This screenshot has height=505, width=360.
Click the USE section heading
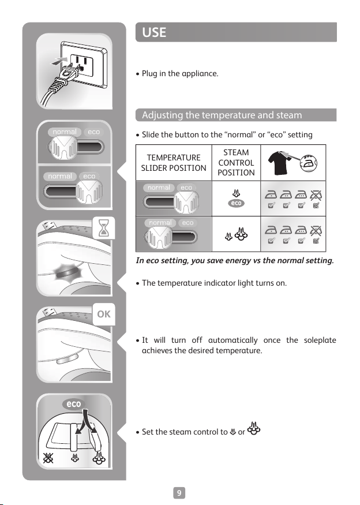154,32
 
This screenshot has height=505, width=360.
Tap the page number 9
179,493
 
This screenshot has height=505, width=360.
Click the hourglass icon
104,228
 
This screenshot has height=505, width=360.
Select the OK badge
104,314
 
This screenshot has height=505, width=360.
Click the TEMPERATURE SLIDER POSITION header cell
174,163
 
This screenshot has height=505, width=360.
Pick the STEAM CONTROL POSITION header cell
236,162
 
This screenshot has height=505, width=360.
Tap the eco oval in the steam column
236,203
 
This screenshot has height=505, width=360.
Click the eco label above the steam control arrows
74,404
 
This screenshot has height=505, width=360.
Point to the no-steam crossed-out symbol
48,458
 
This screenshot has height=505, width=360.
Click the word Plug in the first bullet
149,74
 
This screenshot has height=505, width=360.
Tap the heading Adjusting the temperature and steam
222,115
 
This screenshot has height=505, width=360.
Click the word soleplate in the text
320,340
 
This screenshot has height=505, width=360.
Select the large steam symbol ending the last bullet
254,429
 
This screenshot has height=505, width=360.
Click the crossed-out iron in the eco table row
316,195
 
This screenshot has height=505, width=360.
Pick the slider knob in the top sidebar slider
63,147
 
